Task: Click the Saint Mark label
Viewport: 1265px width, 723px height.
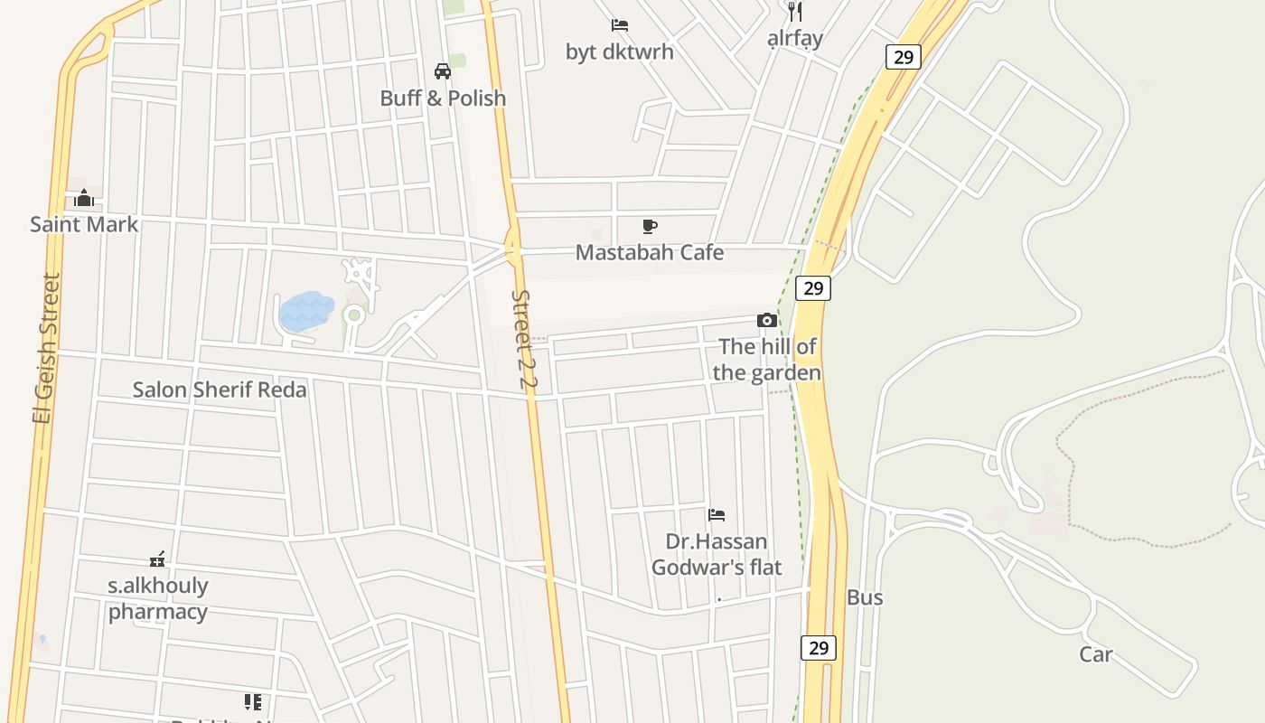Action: tap(84, 224)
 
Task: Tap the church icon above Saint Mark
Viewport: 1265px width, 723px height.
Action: tap(84, 198)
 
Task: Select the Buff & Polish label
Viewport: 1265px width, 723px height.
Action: tap(443, 98)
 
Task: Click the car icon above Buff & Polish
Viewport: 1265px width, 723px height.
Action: tap(443, 71)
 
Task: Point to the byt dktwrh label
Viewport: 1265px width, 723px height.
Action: tap(620, 52)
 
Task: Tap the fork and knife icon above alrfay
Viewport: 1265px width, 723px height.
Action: tap(795, 12)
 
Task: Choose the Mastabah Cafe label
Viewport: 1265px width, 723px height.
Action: tap(650, 252)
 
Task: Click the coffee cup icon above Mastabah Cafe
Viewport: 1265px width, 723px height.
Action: tap(650, 226)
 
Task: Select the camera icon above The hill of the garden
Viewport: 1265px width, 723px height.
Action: tap(767, 320)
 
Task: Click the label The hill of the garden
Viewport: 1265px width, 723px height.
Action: tap(767, 360)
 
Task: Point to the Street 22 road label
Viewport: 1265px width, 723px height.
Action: tap(523, 340)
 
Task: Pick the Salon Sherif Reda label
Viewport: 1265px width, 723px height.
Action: tap(220, 390)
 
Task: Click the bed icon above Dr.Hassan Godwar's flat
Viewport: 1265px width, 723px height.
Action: tap(717, 515)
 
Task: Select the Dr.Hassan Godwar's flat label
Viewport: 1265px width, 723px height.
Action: tap(717, 554)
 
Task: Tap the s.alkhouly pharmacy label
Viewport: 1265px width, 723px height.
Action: tap(158, 598)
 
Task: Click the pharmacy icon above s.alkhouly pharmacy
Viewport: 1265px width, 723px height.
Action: tap(157, 559)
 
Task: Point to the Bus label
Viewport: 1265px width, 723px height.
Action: tap(865, 597)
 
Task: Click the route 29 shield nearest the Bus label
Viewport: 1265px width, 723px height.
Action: tap(819, 647)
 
